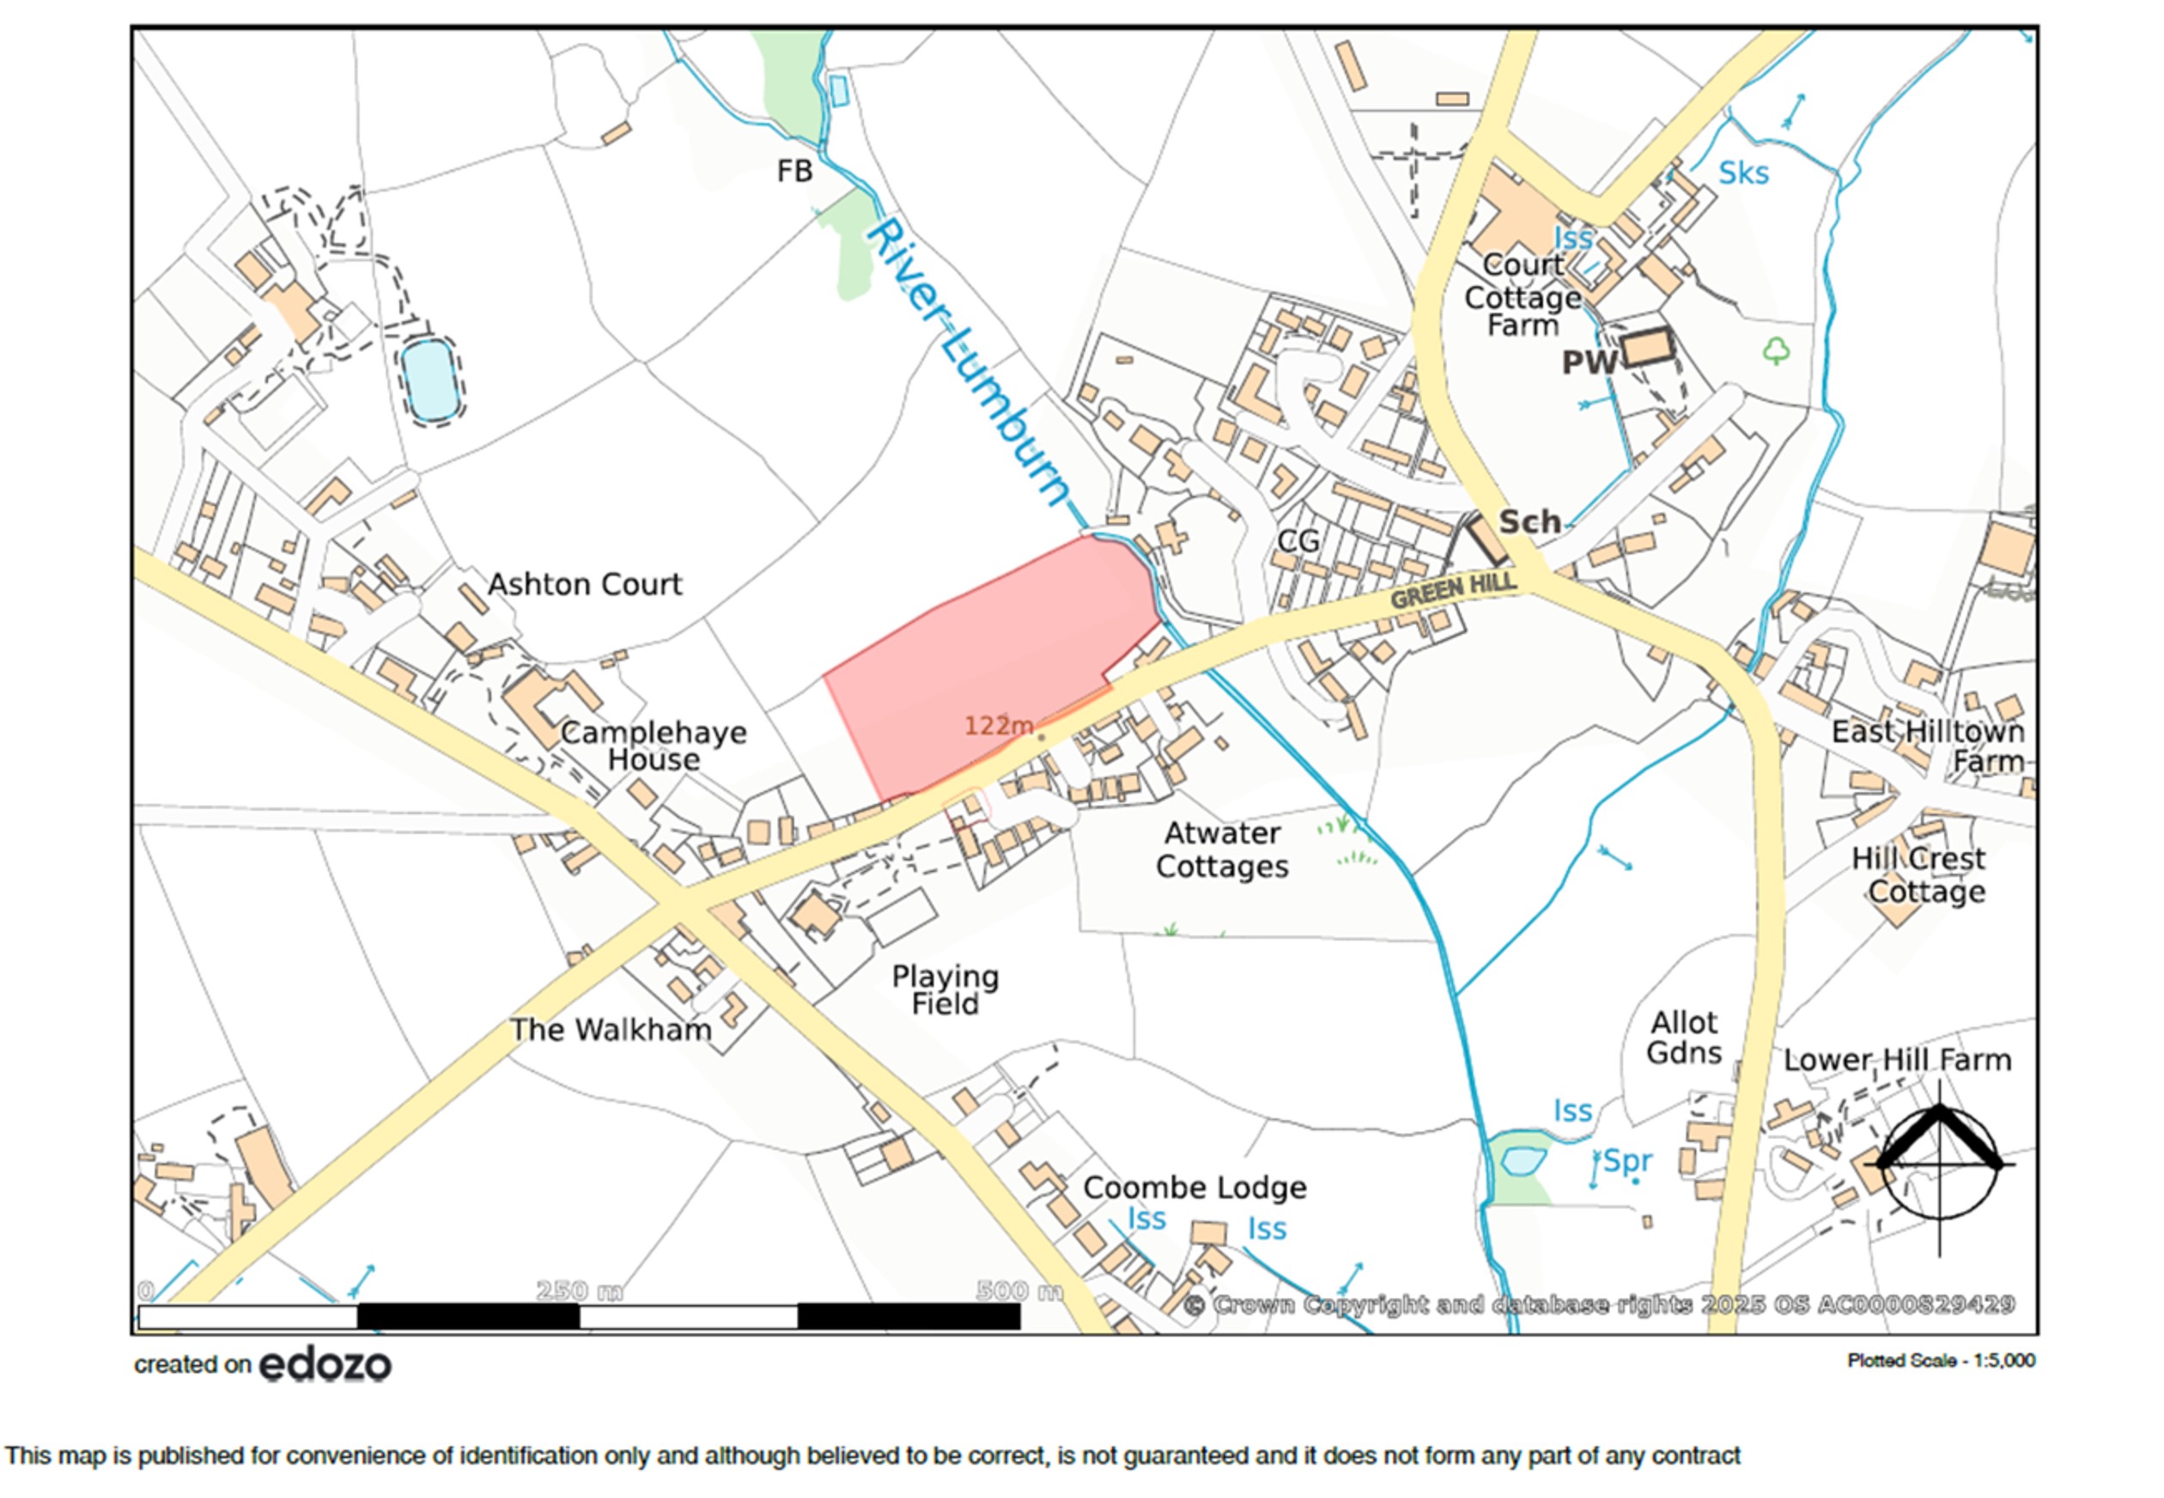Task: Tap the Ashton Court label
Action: coord(585,585)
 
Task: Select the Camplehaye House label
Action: coord(653,746)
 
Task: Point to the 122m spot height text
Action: coord(999,726)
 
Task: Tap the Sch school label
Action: coord(1529,522)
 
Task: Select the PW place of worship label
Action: coord(1588,362)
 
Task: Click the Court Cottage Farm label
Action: coord(1523,296)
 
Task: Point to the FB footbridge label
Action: coord(794,172)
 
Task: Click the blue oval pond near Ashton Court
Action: coord(430,381)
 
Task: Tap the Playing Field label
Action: coord(945,990)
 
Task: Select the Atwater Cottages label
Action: coord(1221,849)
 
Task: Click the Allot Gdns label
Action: coord(1683,1037)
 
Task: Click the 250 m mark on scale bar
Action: coord(578,1292)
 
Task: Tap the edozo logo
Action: coord(325,1365)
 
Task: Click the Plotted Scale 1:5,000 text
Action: coord(1941,1360)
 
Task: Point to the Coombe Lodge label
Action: coord(1194,1187)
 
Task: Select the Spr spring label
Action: coord(1626,1161)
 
